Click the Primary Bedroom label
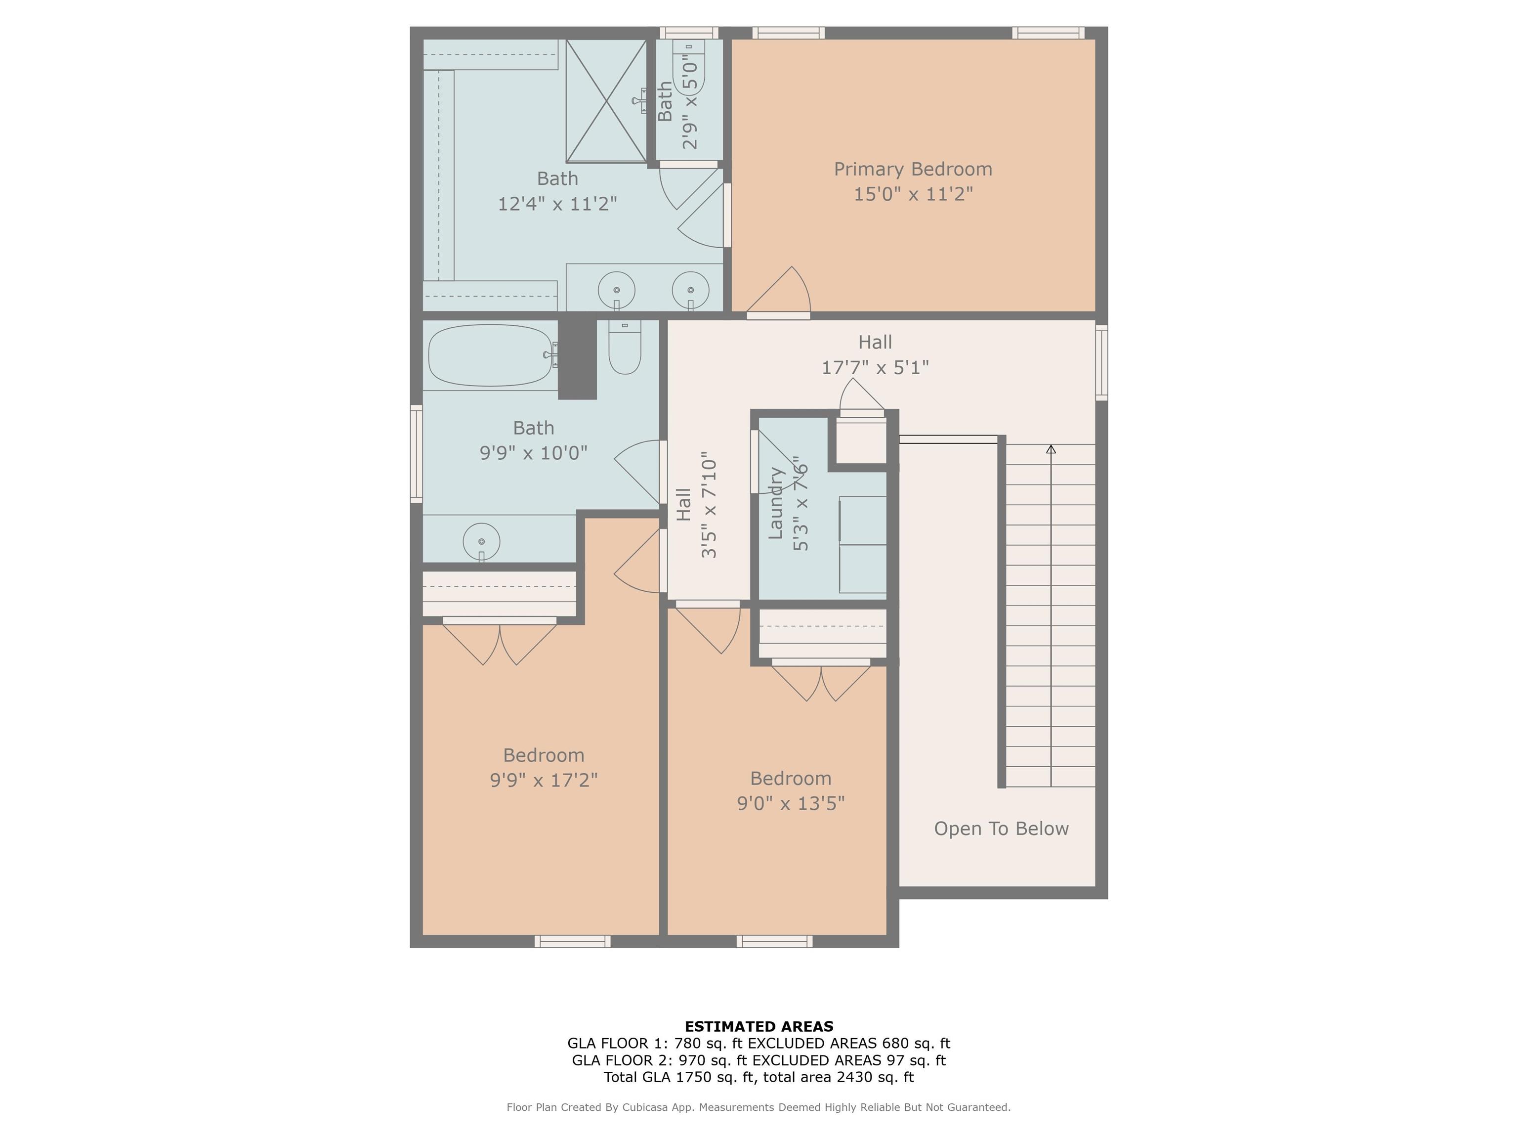coord(913,169)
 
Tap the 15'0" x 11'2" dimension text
coord(913,194)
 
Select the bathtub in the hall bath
coord(491,355)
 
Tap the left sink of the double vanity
coord(616,290)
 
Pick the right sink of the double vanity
coord(690,290)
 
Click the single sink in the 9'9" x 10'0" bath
coord(481,542)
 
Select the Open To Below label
coord(1001,829)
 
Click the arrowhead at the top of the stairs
coord(1051,449)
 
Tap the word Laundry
coord(775,503)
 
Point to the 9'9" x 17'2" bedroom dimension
coord(544,780)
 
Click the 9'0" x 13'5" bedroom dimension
coord(791,803)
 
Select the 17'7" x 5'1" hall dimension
coord(875,367)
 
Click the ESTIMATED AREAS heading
coord(759,1026)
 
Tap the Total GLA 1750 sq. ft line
coord(759,1077)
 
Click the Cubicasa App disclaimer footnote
coord(759,1107)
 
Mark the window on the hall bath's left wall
coord(416,453)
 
